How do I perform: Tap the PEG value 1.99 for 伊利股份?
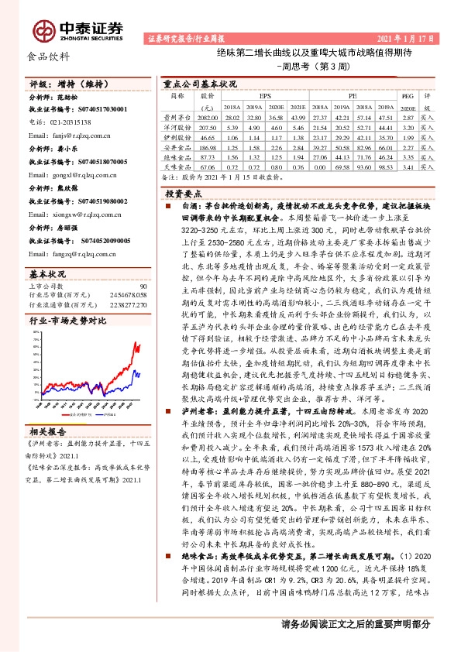pyautogui.click(x=408, y=135)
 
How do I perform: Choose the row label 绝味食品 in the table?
pyautogui.click(x=178, y=156)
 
